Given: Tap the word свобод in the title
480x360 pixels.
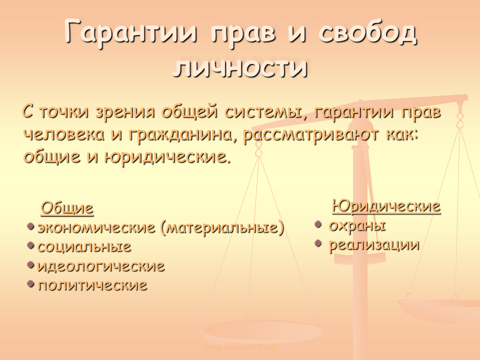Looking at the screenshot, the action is point(367,32).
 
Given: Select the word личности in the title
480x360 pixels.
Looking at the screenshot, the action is point(240,66).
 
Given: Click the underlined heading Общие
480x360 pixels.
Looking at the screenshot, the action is point(67,208).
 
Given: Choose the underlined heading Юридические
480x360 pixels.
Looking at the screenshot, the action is point(386,205).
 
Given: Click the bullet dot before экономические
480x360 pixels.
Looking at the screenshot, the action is point(30,226).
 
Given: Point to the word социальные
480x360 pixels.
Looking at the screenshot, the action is point(84,246).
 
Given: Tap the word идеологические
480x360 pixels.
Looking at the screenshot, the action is point(101,266).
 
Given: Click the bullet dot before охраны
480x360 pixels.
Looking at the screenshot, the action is point(318,224).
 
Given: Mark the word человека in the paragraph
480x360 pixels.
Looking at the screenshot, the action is point(63,134).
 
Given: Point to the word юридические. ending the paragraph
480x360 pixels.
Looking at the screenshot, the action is point(167,157).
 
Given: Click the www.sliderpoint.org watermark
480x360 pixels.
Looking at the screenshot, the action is point(240,347).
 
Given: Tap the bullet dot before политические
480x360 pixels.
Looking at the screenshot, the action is point(30,284).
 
